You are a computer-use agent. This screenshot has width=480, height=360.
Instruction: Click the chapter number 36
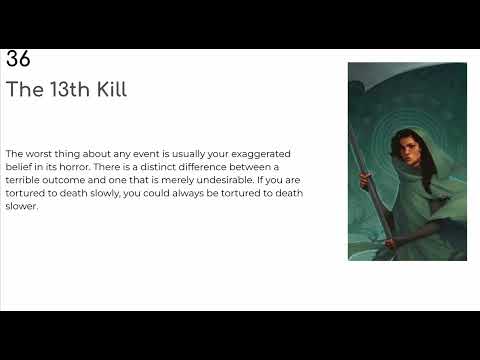coord(17,59)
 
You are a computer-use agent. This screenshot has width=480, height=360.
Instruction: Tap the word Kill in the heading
coord(108,89)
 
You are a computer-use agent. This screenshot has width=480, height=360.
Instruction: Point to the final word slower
coord(21,206)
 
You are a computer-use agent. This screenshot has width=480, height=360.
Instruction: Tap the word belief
coord(22,167)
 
